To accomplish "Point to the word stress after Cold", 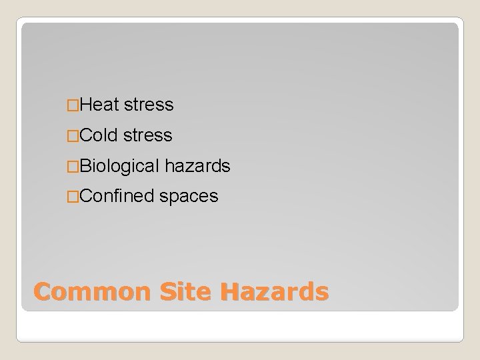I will point(148,136).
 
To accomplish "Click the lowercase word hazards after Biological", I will point(197,167).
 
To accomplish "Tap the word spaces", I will point(189,197).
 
